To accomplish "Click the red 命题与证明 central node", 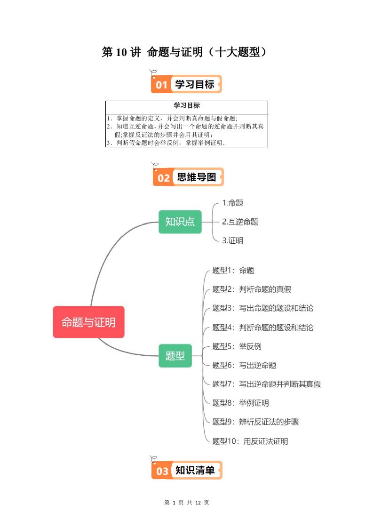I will tap(88, 322).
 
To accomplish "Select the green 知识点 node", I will tap(180, 222).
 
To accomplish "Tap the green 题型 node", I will tap(175, 356).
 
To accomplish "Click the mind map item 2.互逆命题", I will tap(240, 222).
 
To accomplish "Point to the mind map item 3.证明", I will tap(232, 240).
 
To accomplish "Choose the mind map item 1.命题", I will tap(232, 203).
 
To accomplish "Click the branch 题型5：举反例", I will tap(237, 346).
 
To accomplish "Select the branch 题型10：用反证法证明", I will tap(250, 441).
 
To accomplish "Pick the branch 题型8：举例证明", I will tap(240, 403).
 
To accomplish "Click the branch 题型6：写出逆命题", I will tap(244, 365).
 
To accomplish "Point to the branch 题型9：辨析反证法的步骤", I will tap(255, 422).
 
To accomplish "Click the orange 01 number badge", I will tap(161, 85).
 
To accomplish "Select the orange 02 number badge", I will tap(163, 178).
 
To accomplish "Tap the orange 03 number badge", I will tap(162, 471).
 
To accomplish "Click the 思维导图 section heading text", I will tap(197, 177).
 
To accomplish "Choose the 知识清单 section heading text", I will tap(195, 470).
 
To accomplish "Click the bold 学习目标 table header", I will tap(187, 105).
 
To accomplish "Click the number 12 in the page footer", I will tap(198, 503).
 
